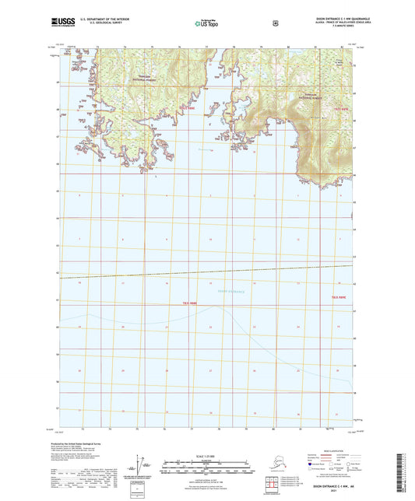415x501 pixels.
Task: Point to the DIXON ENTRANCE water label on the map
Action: tap(230, 292)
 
